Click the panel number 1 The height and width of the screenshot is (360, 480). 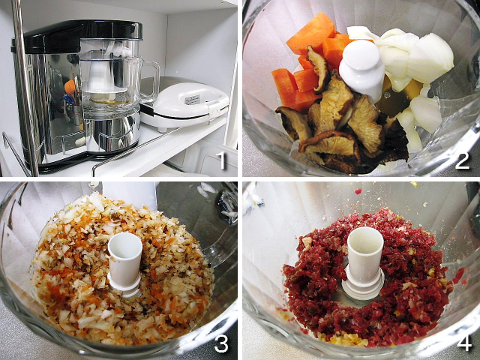[220, 160]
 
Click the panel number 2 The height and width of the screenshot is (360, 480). [462, 160]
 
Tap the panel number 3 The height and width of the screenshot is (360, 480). [221, 343]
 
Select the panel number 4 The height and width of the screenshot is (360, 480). [464, 343]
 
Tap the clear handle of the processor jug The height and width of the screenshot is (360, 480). [151, 81]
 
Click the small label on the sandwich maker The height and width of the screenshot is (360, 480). [192, 100]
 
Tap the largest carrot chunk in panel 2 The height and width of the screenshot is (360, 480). [310, 33]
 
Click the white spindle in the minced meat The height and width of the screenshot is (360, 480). [364, 262]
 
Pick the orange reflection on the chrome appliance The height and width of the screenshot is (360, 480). [70, 87]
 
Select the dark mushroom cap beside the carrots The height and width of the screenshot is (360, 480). [318, 70]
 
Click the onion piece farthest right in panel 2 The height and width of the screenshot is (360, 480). [431, 58]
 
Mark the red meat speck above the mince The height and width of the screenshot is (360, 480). [358, 191]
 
